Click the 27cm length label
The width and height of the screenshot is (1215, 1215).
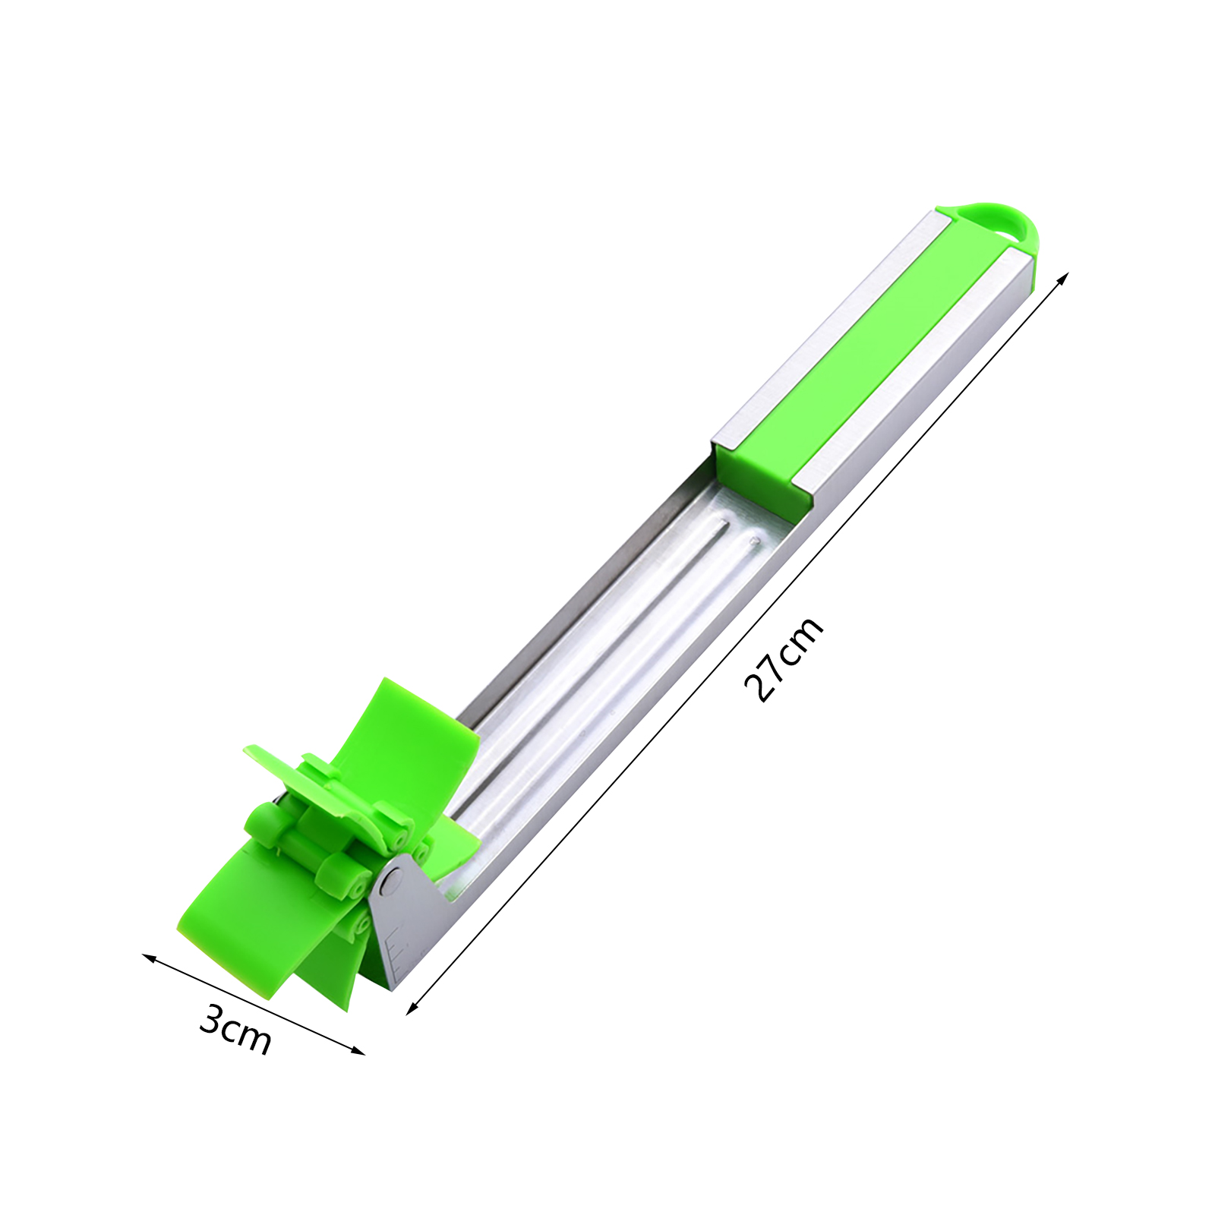click(x=784, y=658)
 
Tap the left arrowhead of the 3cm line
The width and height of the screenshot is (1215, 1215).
click(x=148, y=958)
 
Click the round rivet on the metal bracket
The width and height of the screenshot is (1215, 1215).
click(x=392, y=881)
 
